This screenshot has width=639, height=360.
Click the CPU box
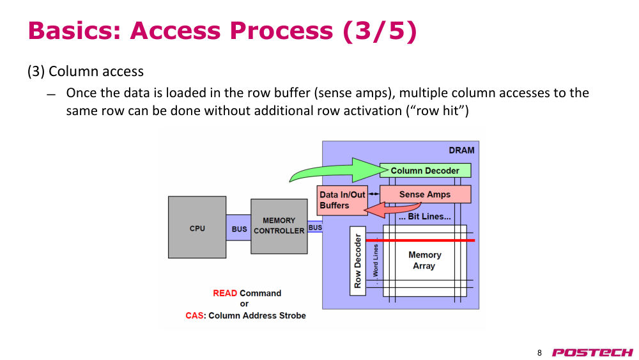[197, 227]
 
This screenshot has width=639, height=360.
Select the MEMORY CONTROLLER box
[279, 226]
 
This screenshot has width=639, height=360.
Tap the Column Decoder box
[425, 171]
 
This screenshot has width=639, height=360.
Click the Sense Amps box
[425, 194]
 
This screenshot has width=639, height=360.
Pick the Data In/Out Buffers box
[343, 200]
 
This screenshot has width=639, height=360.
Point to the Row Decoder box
[358, 261]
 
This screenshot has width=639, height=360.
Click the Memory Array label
[425, 260]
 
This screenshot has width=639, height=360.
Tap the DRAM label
[461, 150]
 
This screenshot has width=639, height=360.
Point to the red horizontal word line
[420, 240]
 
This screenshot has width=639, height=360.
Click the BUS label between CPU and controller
[239, 229]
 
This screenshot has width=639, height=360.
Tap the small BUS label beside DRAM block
[315, 228]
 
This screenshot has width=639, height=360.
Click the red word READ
[225, 293]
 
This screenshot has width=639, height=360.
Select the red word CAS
[194, 316]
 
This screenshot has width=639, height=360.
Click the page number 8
[539, 353]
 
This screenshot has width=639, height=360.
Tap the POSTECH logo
[592, 352]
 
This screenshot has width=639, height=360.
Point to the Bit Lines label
[425, 217]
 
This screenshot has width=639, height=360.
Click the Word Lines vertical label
[376, 261]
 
